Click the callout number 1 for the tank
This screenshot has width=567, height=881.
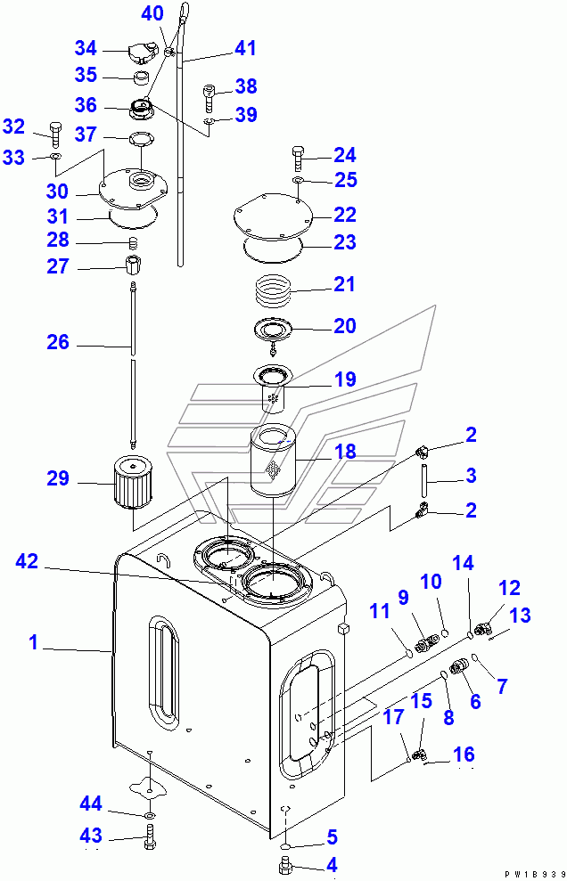pos(34,641)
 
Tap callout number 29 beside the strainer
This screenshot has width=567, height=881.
pos(58,480)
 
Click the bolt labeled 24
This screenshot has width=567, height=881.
pos(298,161)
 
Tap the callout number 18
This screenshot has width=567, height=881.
pos(345,452)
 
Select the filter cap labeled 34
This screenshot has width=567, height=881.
pos(140,52)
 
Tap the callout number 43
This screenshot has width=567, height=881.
pos(93,835)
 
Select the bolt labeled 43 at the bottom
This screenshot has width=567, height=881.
pos(149,836)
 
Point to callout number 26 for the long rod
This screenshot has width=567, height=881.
pos(58,344)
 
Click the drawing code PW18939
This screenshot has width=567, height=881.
pos(533,874)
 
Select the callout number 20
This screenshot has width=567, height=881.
pos(345,326)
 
